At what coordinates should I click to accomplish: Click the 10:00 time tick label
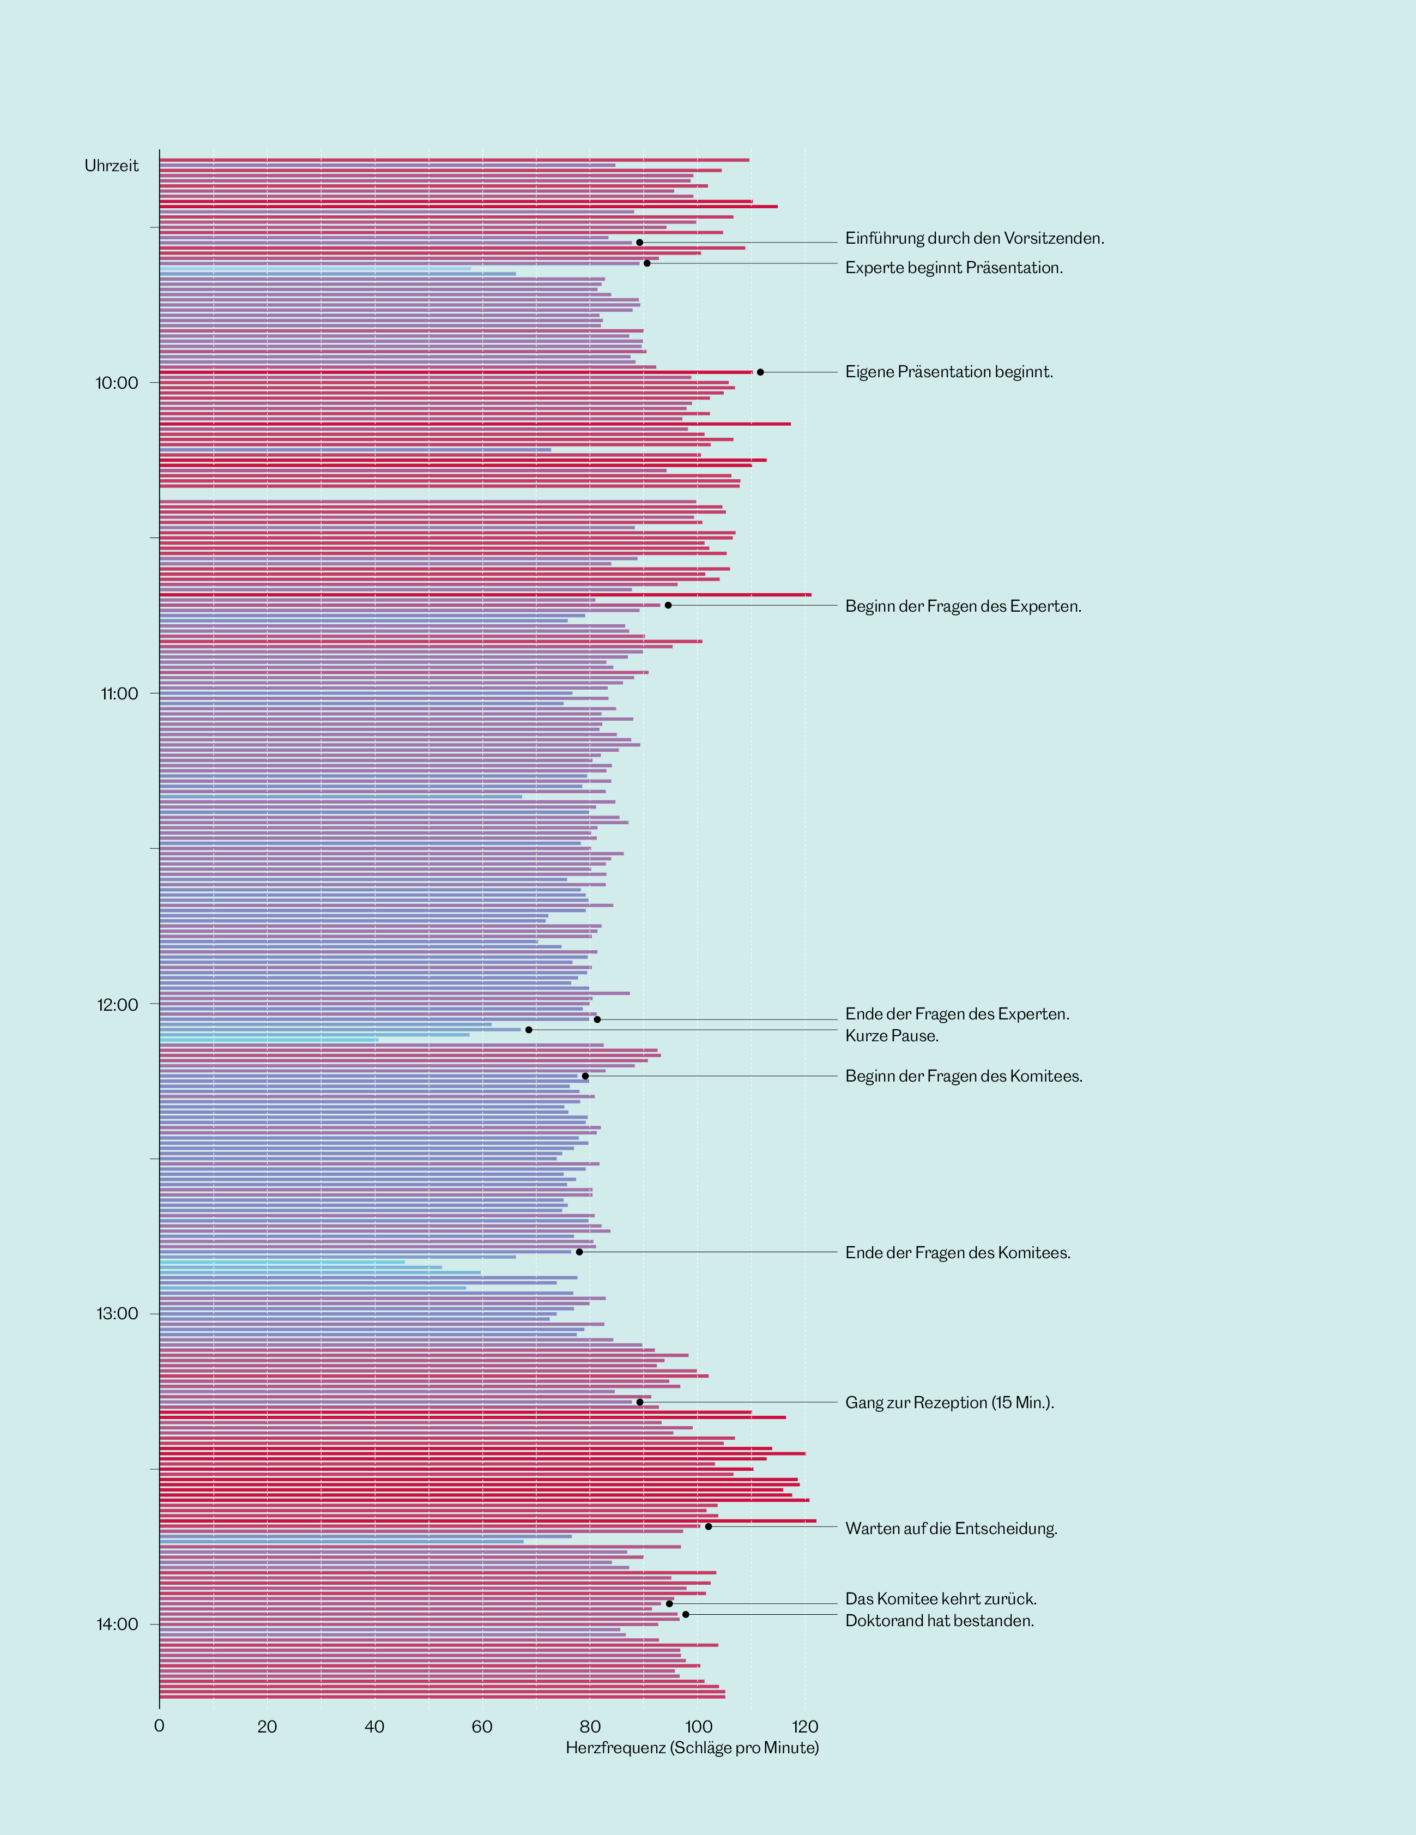117,383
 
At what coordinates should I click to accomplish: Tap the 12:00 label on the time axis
117,1005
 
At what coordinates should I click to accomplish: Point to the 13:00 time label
117,1314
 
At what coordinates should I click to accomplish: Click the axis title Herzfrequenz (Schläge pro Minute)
692,1748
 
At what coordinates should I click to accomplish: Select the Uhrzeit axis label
112,166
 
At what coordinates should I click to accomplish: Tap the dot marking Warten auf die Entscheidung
708,1526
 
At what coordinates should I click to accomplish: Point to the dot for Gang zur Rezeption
639,1402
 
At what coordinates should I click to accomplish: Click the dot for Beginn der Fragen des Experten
668,605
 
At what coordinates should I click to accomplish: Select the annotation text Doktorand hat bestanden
940,1621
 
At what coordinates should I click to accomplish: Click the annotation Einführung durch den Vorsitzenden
974,239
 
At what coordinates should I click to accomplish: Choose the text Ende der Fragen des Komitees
958,1253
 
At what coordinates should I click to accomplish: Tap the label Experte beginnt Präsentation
954,268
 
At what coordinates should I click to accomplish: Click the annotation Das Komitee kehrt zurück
941,1599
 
